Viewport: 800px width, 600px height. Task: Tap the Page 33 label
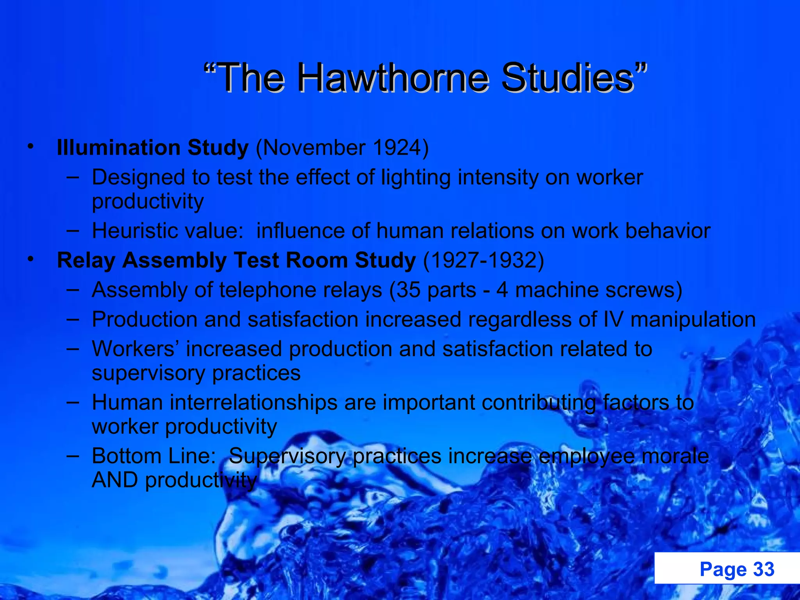pyautogui.click(x=737, y=569)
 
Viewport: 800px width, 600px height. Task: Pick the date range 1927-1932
pyautogui.click(x=484, y=260)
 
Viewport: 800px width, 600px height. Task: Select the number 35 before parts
pyautogui.click(x=409, y=290)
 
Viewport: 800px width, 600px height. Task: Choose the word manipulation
pyautogui.click(x=693, y=320)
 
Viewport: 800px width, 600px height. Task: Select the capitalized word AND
pyautogui.click(x=115, y=480)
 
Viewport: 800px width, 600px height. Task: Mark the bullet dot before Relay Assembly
pyautogui.click(x=30, y=260)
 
